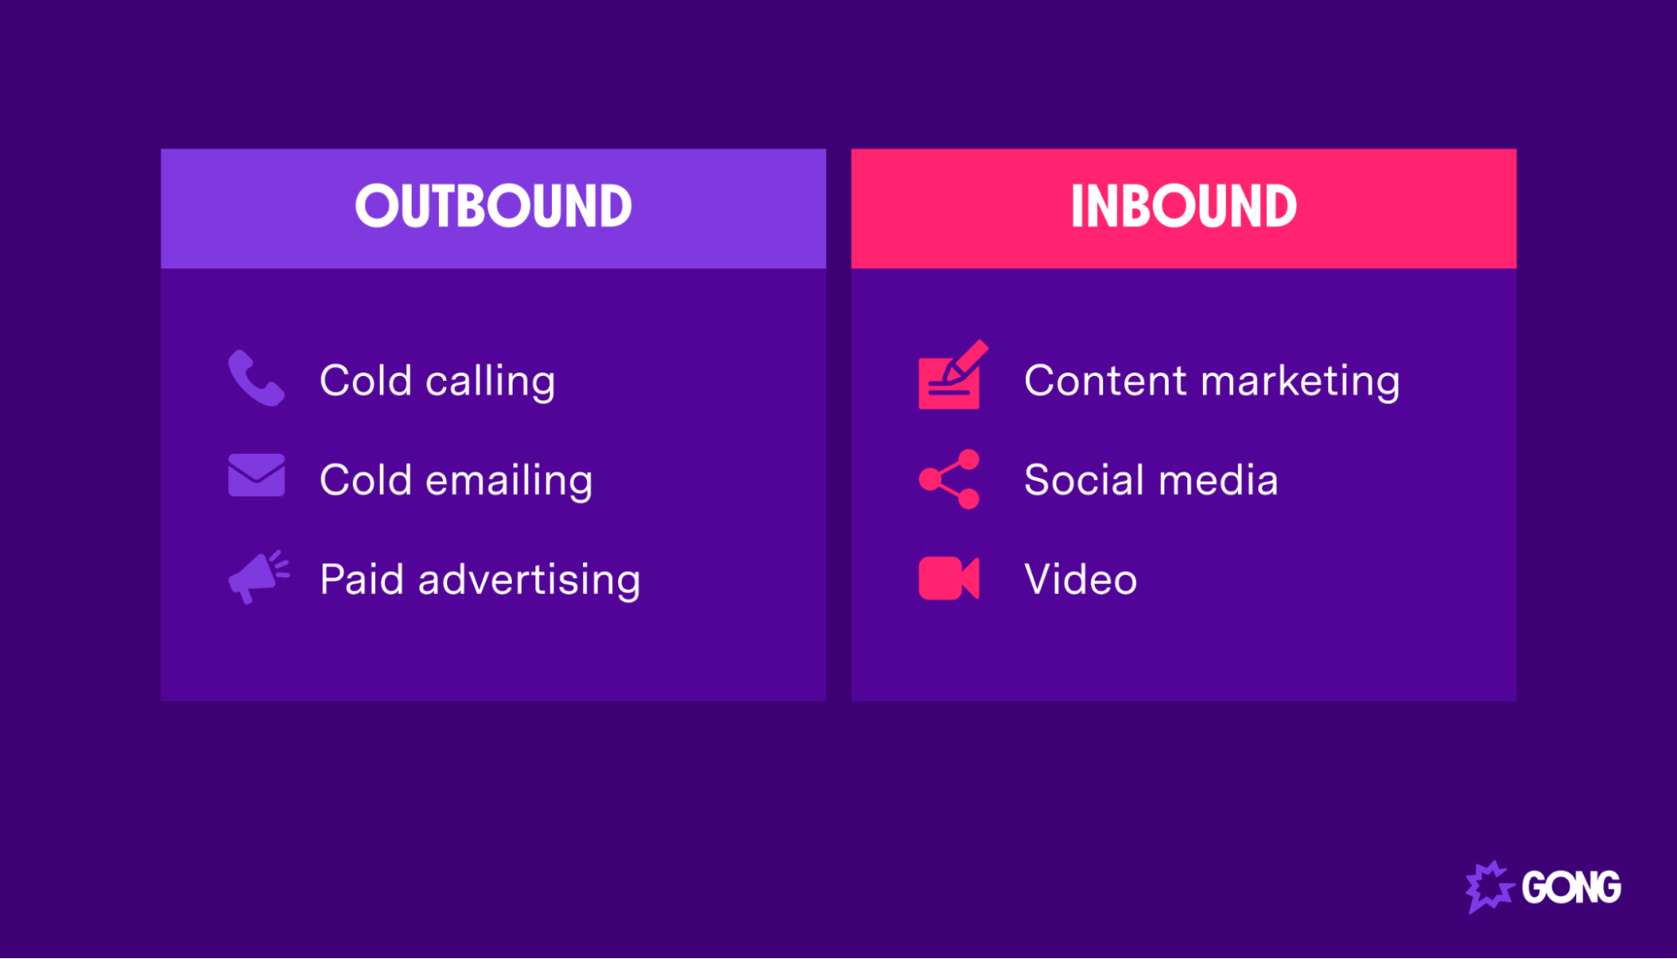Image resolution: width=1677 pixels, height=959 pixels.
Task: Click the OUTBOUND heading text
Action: (x=493, y=206)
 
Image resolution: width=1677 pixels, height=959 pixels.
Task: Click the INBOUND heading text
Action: (x=1183, y=206)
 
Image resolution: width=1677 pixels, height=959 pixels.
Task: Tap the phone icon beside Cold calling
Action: (x=256, y=378)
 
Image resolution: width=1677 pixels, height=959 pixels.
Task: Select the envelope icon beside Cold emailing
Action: (x=256, y=475)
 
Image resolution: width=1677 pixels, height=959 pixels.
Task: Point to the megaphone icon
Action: (x=258, y=577)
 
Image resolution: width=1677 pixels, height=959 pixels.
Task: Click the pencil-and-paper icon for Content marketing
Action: (x=951, y=377)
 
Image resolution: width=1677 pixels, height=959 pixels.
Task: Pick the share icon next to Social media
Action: (x=950, y=479)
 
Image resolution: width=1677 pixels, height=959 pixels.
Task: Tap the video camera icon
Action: (x=949, y=578)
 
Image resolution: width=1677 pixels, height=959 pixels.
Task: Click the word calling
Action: (x=490, y=383)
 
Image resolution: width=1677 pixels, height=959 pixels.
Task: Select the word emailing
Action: (x=508, y=482)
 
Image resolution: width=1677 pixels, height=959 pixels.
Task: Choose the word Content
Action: (x=1104, y=381)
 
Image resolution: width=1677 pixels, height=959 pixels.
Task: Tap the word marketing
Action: (x=1300, y=383)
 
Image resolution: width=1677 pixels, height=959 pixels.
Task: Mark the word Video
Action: (x=1081, y=580)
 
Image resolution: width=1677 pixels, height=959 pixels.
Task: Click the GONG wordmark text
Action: (x=1570, y=888)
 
